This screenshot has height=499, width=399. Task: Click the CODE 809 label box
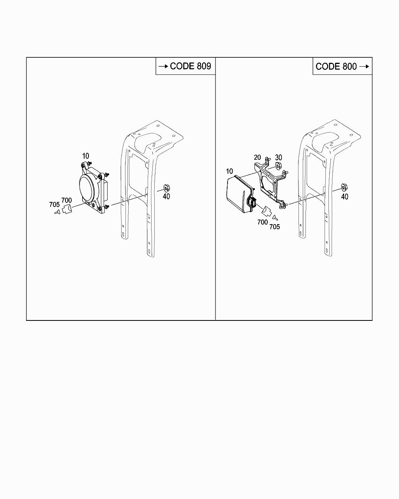click(185, 66)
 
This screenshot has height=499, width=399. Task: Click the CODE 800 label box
click(342, 66)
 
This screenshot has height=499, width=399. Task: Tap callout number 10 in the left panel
click(85, 156)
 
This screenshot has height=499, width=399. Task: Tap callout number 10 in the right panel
click(229, 172)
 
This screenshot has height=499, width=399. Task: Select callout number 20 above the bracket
click(257, 157)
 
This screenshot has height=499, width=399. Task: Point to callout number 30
click(278, 157)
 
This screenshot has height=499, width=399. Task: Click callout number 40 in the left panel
click(166, 196)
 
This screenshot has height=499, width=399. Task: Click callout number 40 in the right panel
click(344, 196)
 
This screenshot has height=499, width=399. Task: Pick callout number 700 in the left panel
click(67, 200)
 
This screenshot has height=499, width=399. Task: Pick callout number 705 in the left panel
click(54, 204)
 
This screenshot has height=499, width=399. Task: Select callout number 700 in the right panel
click(263, 222)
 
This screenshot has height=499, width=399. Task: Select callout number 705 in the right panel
click(275, 226)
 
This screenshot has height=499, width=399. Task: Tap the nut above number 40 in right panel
click(344, 187)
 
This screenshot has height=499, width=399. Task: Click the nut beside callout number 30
click(278, 166)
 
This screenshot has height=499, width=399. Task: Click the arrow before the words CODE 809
click(163, 67)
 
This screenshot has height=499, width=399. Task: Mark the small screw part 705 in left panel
click(57, 212)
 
